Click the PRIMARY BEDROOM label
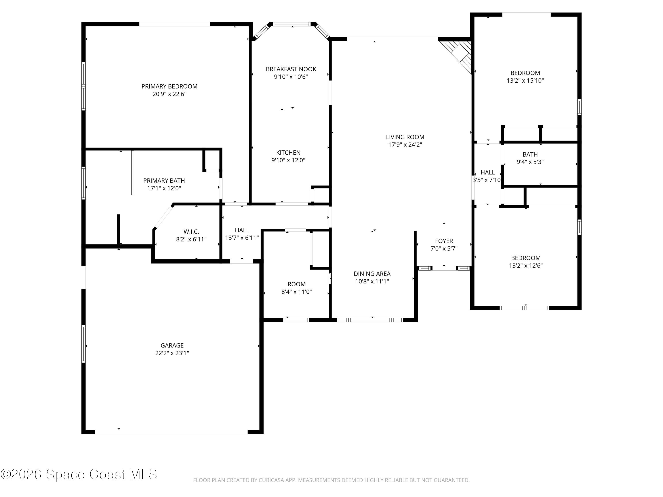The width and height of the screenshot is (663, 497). click(169, 87)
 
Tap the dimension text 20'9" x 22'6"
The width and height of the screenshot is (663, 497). click(169, 94)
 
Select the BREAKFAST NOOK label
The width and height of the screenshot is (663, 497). click(291, 69)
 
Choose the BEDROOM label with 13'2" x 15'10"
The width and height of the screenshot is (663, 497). click(525, 73)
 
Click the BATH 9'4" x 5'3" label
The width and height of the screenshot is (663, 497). click(530, 155)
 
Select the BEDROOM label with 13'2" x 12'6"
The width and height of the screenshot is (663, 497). click(526, 258)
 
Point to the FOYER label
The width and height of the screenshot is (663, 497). click(444, 241)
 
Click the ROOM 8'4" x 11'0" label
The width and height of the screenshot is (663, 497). click(296, 284)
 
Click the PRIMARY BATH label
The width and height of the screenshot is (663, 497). click(164, 181)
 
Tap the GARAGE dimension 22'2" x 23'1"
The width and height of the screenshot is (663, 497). click(172, 353)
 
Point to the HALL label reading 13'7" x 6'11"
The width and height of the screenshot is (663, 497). click(242, 230)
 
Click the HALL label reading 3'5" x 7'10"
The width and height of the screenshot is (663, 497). click(488, 173)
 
